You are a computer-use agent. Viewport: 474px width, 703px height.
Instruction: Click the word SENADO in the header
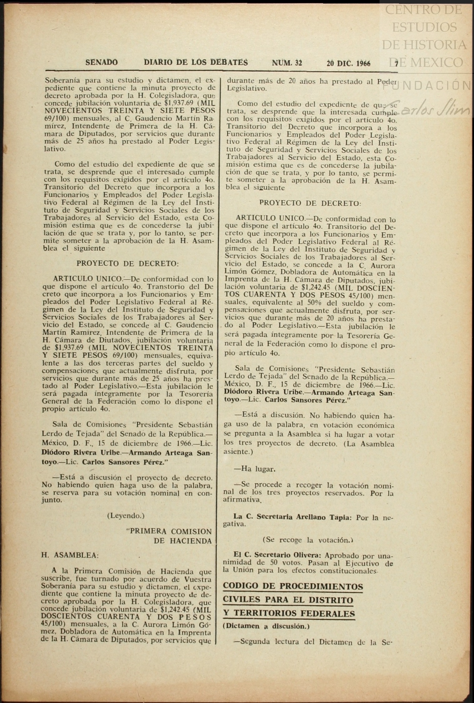(x=101, y=62)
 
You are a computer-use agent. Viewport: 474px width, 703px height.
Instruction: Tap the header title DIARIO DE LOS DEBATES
(x=196, y=62)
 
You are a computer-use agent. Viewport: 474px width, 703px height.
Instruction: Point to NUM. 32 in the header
(x=287, y=63)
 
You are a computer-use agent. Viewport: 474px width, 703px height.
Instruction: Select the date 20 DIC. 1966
(x=348, y=64)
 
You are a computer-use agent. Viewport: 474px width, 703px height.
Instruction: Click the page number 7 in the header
(x=396, y=64)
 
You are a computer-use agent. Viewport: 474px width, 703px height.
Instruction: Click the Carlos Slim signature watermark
(x=435, y=109)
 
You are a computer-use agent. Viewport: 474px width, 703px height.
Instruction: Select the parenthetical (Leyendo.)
(x=126, y=516)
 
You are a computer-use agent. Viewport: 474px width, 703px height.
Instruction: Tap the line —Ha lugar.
(x=255, y=469)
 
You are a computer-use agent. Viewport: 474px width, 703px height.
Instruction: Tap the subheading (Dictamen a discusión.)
(x=266, y=626)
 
